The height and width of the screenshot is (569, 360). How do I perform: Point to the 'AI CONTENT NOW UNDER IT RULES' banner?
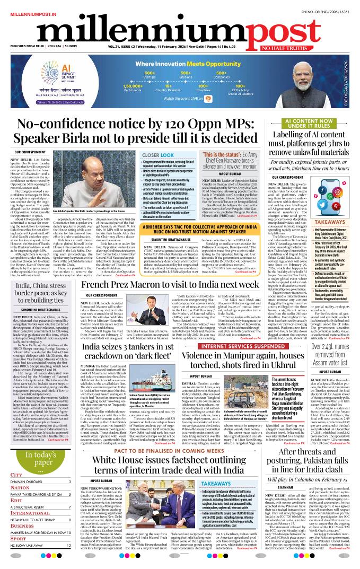click(316, 124)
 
